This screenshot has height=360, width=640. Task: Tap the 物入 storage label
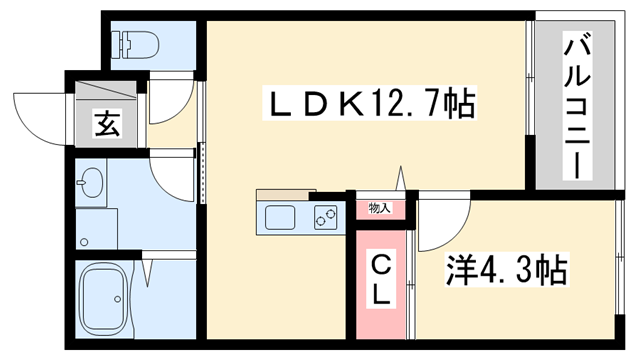379,208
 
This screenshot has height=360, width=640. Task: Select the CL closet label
383,280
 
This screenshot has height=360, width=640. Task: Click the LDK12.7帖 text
369,103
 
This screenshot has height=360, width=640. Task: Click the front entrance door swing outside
41,116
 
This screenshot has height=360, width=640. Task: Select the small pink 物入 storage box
380,209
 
